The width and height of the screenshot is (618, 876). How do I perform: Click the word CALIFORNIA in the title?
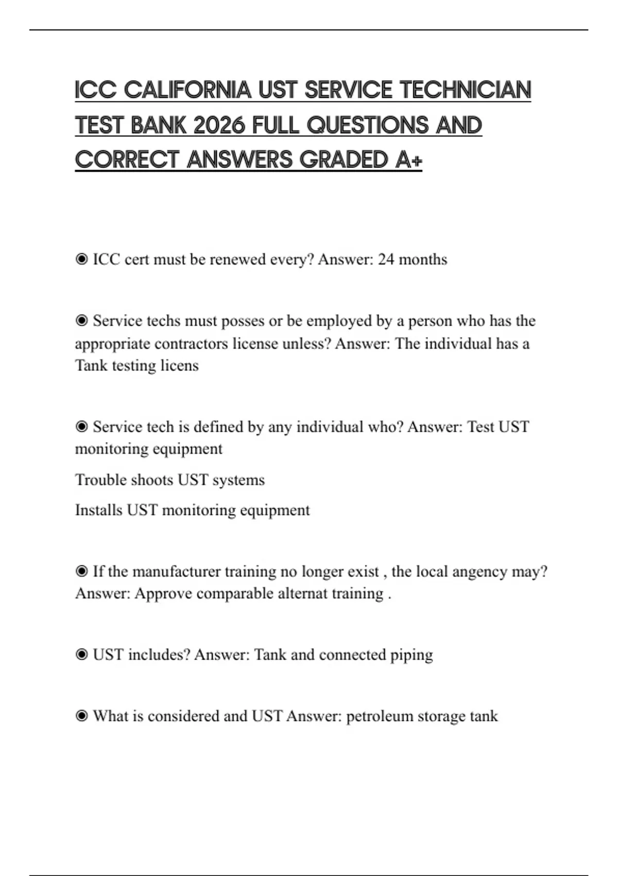click(187, 90)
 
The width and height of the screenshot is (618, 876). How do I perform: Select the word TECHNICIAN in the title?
click(465, 90)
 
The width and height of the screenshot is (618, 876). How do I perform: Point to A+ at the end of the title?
click(409, 160)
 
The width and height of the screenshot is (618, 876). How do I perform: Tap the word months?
click(423, 259)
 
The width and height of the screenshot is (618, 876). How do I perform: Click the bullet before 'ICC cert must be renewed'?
click(81, 259)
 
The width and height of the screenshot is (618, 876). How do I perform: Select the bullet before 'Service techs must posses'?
click(81, 321)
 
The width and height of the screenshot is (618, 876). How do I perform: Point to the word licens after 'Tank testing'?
click(179, 365)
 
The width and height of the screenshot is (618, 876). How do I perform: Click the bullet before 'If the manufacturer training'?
click(81, 571)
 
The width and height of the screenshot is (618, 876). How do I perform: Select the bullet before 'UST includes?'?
click(81, 655)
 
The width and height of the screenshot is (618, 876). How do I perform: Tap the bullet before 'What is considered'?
click(81, 716)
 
